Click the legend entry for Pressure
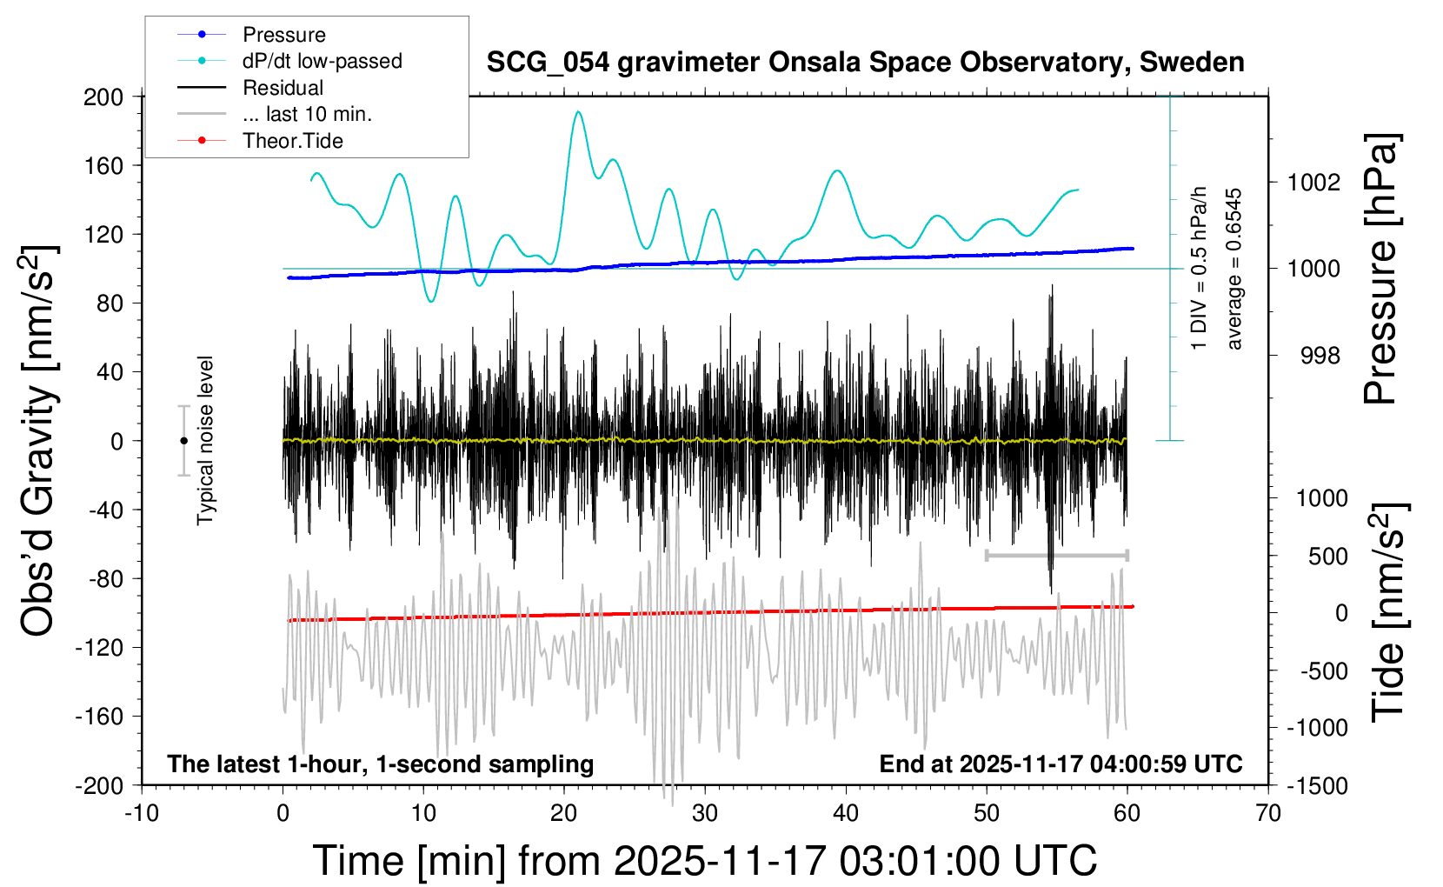[x=283, y=35]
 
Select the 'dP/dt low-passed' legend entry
[x=322, y=61]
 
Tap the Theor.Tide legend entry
[x=292, y=141]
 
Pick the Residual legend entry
[x=283, y=88]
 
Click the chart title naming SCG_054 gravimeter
[x=865, y=63]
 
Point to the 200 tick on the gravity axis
[x=103, y=97]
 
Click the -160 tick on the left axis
[x=100, y=717]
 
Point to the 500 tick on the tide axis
[x=1327, y=557]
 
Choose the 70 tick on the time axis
[x=1268, y=814]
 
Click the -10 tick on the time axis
[x=142, y=814]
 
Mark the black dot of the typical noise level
[x=183, y=441]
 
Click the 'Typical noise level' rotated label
[x=205, y=441]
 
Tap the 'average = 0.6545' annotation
[x=1234, y=269]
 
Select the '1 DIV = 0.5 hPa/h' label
[x=1200, y=269]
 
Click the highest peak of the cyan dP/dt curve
[x=577, y=111]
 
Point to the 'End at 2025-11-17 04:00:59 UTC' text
[x=1061, y=764]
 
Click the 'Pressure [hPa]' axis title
[x=1380, y=269]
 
